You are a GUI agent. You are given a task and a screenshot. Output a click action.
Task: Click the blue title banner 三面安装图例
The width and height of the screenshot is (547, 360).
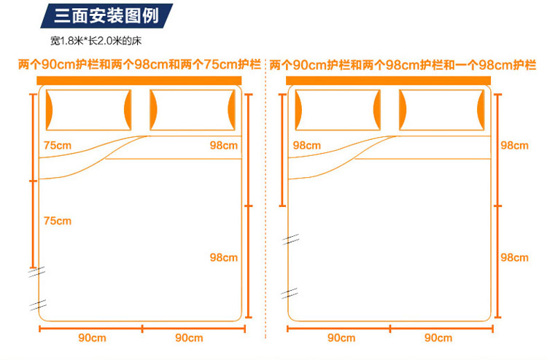coord(106,15)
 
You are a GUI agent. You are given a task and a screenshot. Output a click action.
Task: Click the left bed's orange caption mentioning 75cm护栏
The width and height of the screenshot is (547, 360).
coord(139,65)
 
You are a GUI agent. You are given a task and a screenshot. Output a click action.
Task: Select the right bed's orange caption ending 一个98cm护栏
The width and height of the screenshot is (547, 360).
coord(403,65)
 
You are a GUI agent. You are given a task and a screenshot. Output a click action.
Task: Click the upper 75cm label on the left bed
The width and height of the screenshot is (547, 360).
coord(58,145)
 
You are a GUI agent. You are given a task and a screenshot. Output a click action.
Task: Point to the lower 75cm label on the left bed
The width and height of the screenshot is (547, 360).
coord(58,220)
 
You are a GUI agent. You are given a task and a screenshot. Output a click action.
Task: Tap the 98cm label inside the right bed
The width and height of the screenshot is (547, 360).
coord(307,145)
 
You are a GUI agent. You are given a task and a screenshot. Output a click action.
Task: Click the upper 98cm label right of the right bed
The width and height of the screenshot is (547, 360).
coord(514,145)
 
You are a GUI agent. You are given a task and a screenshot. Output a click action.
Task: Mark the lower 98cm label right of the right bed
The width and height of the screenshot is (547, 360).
coord(514,257)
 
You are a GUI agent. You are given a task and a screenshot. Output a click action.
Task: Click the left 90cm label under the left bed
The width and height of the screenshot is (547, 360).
coord(93,337)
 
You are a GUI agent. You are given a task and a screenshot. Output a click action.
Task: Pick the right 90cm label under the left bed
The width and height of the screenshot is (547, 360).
coord(189,337)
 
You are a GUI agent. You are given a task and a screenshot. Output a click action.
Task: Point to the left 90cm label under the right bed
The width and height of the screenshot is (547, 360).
coord(341,337)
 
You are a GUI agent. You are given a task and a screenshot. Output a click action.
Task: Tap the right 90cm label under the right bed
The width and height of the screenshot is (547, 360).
coord(438,337)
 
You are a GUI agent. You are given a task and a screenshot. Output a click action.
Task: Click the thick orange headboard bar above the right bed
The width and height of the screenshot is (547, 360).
coord(389,79)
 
